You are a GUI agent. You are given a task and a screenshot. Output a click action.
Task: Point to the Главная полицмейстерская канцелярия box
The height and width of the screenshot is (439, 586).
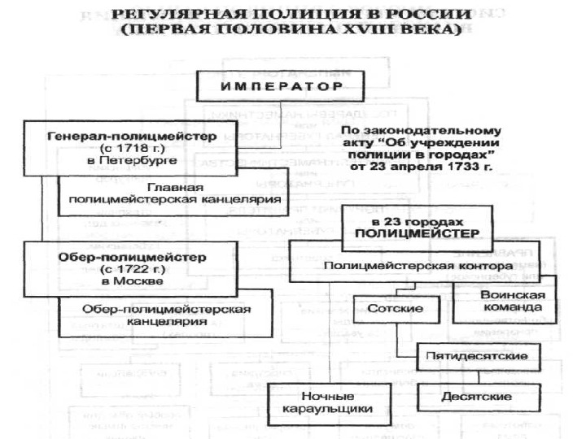(x=175, y=193)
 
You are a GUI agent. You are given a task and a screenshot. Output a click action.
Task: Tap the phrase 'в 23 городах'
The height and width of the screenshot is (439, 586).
(x=418, y=220)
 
